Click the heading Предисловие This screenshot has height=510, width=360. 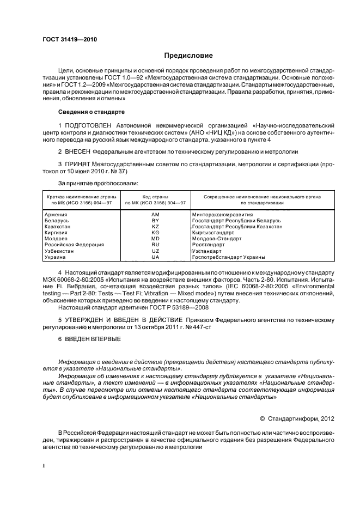click(188, 56)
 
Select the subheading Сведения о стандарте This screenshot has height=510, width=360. click(91, 112)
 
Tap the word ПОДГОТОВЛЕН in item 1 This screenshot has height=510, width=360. click(90, 126)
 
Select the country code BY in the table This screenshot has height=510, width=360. click(155, 220)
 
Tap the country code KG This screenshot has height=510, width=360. click(155, 232)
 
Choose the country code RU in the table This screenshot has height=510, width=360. click(155, 245)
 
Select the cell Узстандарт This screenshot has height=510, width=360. click(208, 251)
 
